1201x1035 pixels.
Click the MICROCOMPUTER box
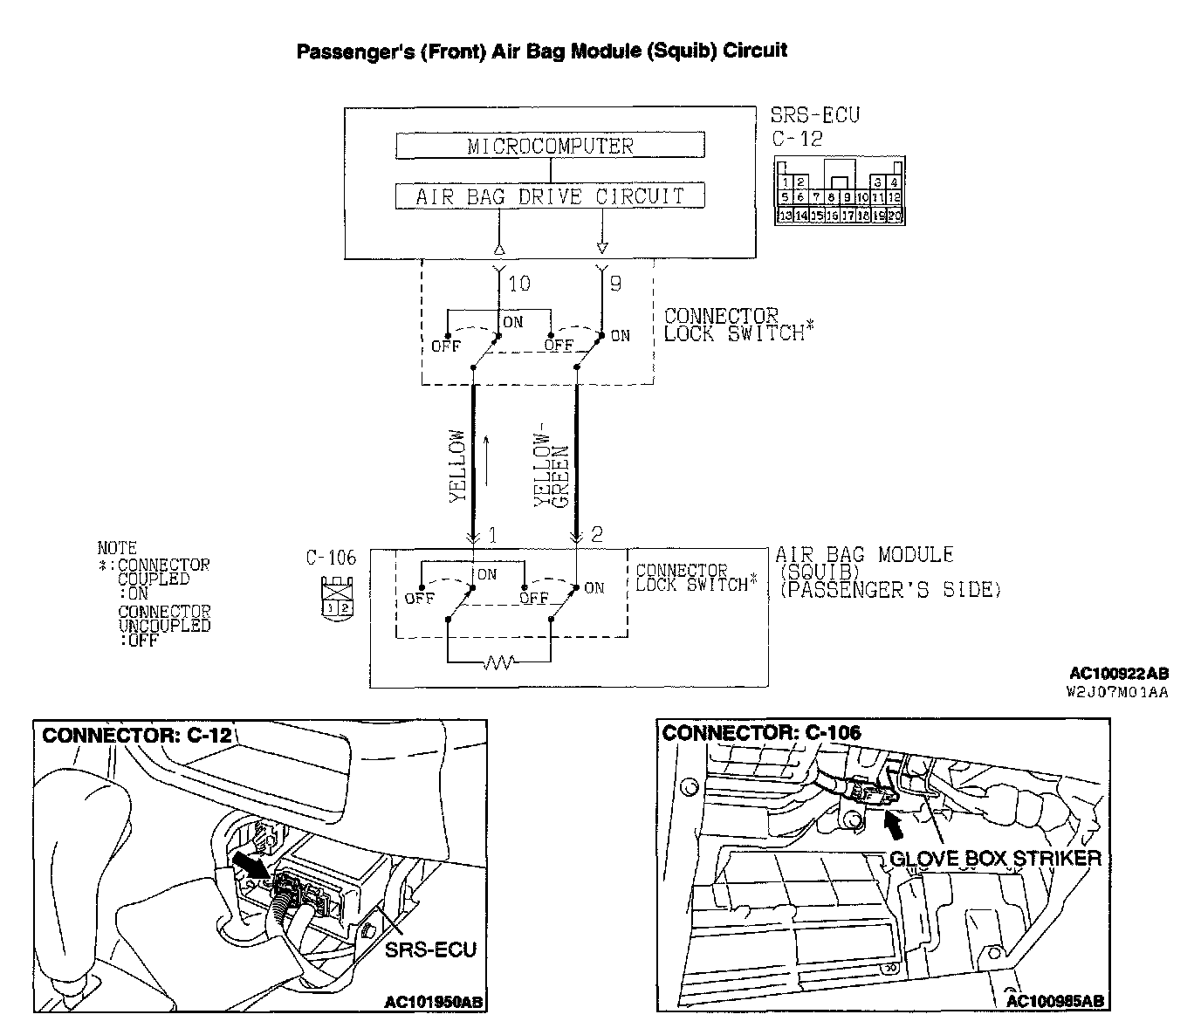click(x=550, y=146)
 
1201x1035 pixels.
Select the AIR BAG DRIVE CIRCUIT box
click(x=550, y=195)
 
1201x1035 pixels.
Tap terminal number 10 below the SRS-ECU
click(x=519, y=284)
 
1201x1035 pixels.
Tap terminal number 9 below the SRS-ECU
click(x=615, y=284)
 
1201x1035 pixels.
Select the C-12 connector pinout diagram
click(x=840, y=191)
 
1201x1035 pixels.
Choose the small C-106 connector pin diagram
click(x=336, y=600)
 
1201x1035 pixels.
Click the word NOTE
click(x=117, y=548)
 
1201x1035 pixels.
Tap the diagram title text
click(x=541, y=51)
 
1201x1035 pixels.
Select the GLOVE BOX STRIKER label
click(x=995, y=859)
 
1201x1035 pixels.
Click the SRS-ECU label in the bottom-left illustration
click(x=430, y=949)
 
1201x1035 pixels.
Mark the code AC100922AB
click(x=1119, y=674)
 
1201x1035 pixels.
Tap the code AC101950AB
click(x=434, y=1002)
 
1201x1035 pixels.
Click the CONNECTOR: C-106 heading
click(x=761, y=732)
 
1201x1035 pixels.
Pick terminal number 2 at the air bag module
click(x=597, y=534)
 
